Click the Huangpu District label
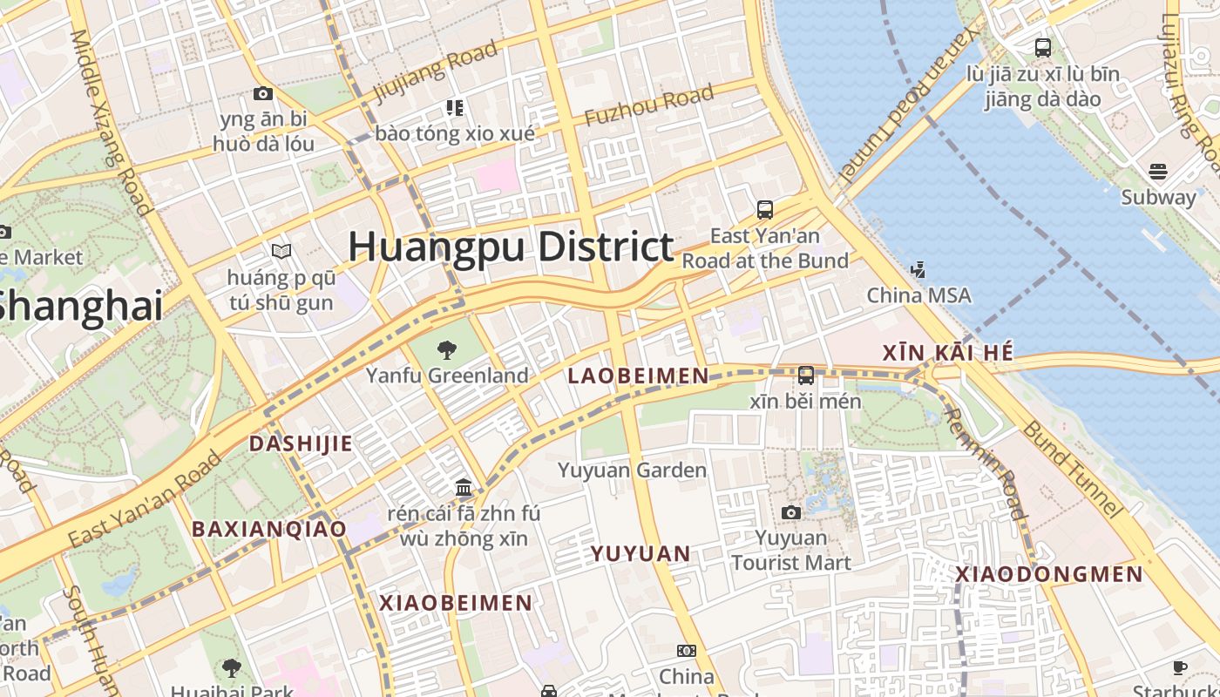(511, 247)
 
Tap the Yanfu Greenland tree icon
(446, 350)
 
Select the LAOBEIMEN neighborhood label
(638, 376)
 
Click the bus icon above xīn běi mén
(806, 376)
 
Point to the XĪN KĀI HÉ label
(948, 353)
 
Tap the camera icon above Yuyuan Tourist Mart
(790, 512)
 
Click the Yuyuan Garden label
(632, 470)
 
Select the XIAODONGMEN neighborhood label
(1048, 574)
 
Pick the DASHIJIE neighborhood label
(301, 443)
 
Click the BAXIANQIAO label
(268, 529)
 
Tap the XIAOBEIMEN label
(455, 603)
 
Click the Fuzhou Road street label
(649, 105)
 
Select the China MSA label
(918, 295)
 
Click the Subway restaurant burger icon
(1157, 171)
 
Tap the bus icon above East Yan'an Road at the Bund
(764, 209)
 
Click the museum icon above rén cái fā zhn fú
(464, 487)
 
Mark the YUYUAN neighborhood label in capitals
(640, 553)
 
